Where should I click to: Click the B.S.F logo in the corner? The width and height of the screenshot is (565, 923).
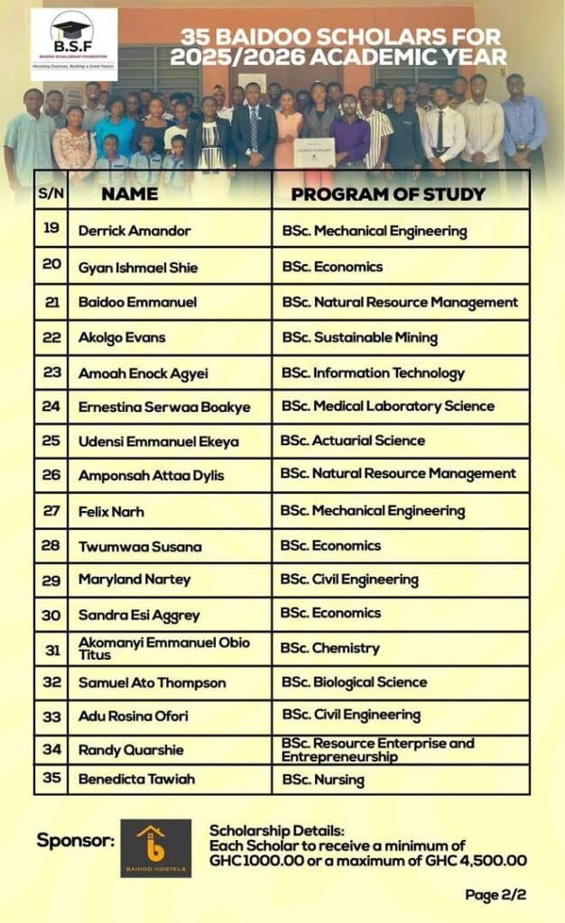pyautogui.click(x=73, y=44)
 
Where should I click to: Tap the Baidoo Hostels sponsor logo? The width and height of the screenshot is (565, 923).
pyautogui.click(x=156, y=847)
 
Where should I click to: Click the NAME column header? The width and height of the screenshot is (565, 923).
pyautogui.click(x=129, y=194)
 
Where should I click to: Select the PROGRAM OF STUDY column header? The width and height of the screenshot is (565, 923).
pyautogui.click(x=387, y=194)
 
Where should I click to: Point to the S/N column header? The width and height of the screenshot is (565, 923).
pyautogui.click(x=51, y=194)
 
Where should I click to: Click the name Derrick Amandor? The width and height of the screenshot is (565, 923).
pyautogui.click(x=134, y=231)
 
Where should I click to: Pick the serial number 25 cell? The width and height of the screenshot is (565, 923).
pyautogui.click(x=51, y=441)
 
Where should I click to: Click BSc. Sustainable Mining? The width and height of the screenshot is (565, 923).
pyautogui.click(x=359, y=338)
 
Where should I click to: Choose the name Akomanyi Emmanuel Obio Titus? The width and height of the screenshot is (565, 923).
pyautogui.click(x=164, y=648)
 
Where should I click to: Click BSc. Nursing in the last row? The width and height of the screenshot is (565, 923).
pyautogui.click(x=323, y=779)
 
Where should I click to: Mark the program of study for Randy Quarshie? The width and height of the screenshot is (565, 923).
pyautogui.click(x=377, y=749)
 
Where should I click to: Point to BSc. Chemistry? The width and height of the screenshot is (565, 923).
pyautogui.click(x=330, y=648)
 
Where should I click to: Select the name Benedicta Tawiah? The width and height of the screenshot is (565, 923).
pyautogui.click(x=136, y=779)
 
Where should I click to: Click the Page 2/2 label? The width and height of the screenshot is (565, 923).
pyautogui.click(x=496, y=895)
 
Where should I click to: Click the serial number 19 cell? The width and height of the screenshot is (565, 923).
pyautogui.click(x=51, y=229)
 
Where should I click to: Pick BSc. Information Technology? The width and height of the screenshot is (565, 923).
pyautogui.click(x=373, y=373)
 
